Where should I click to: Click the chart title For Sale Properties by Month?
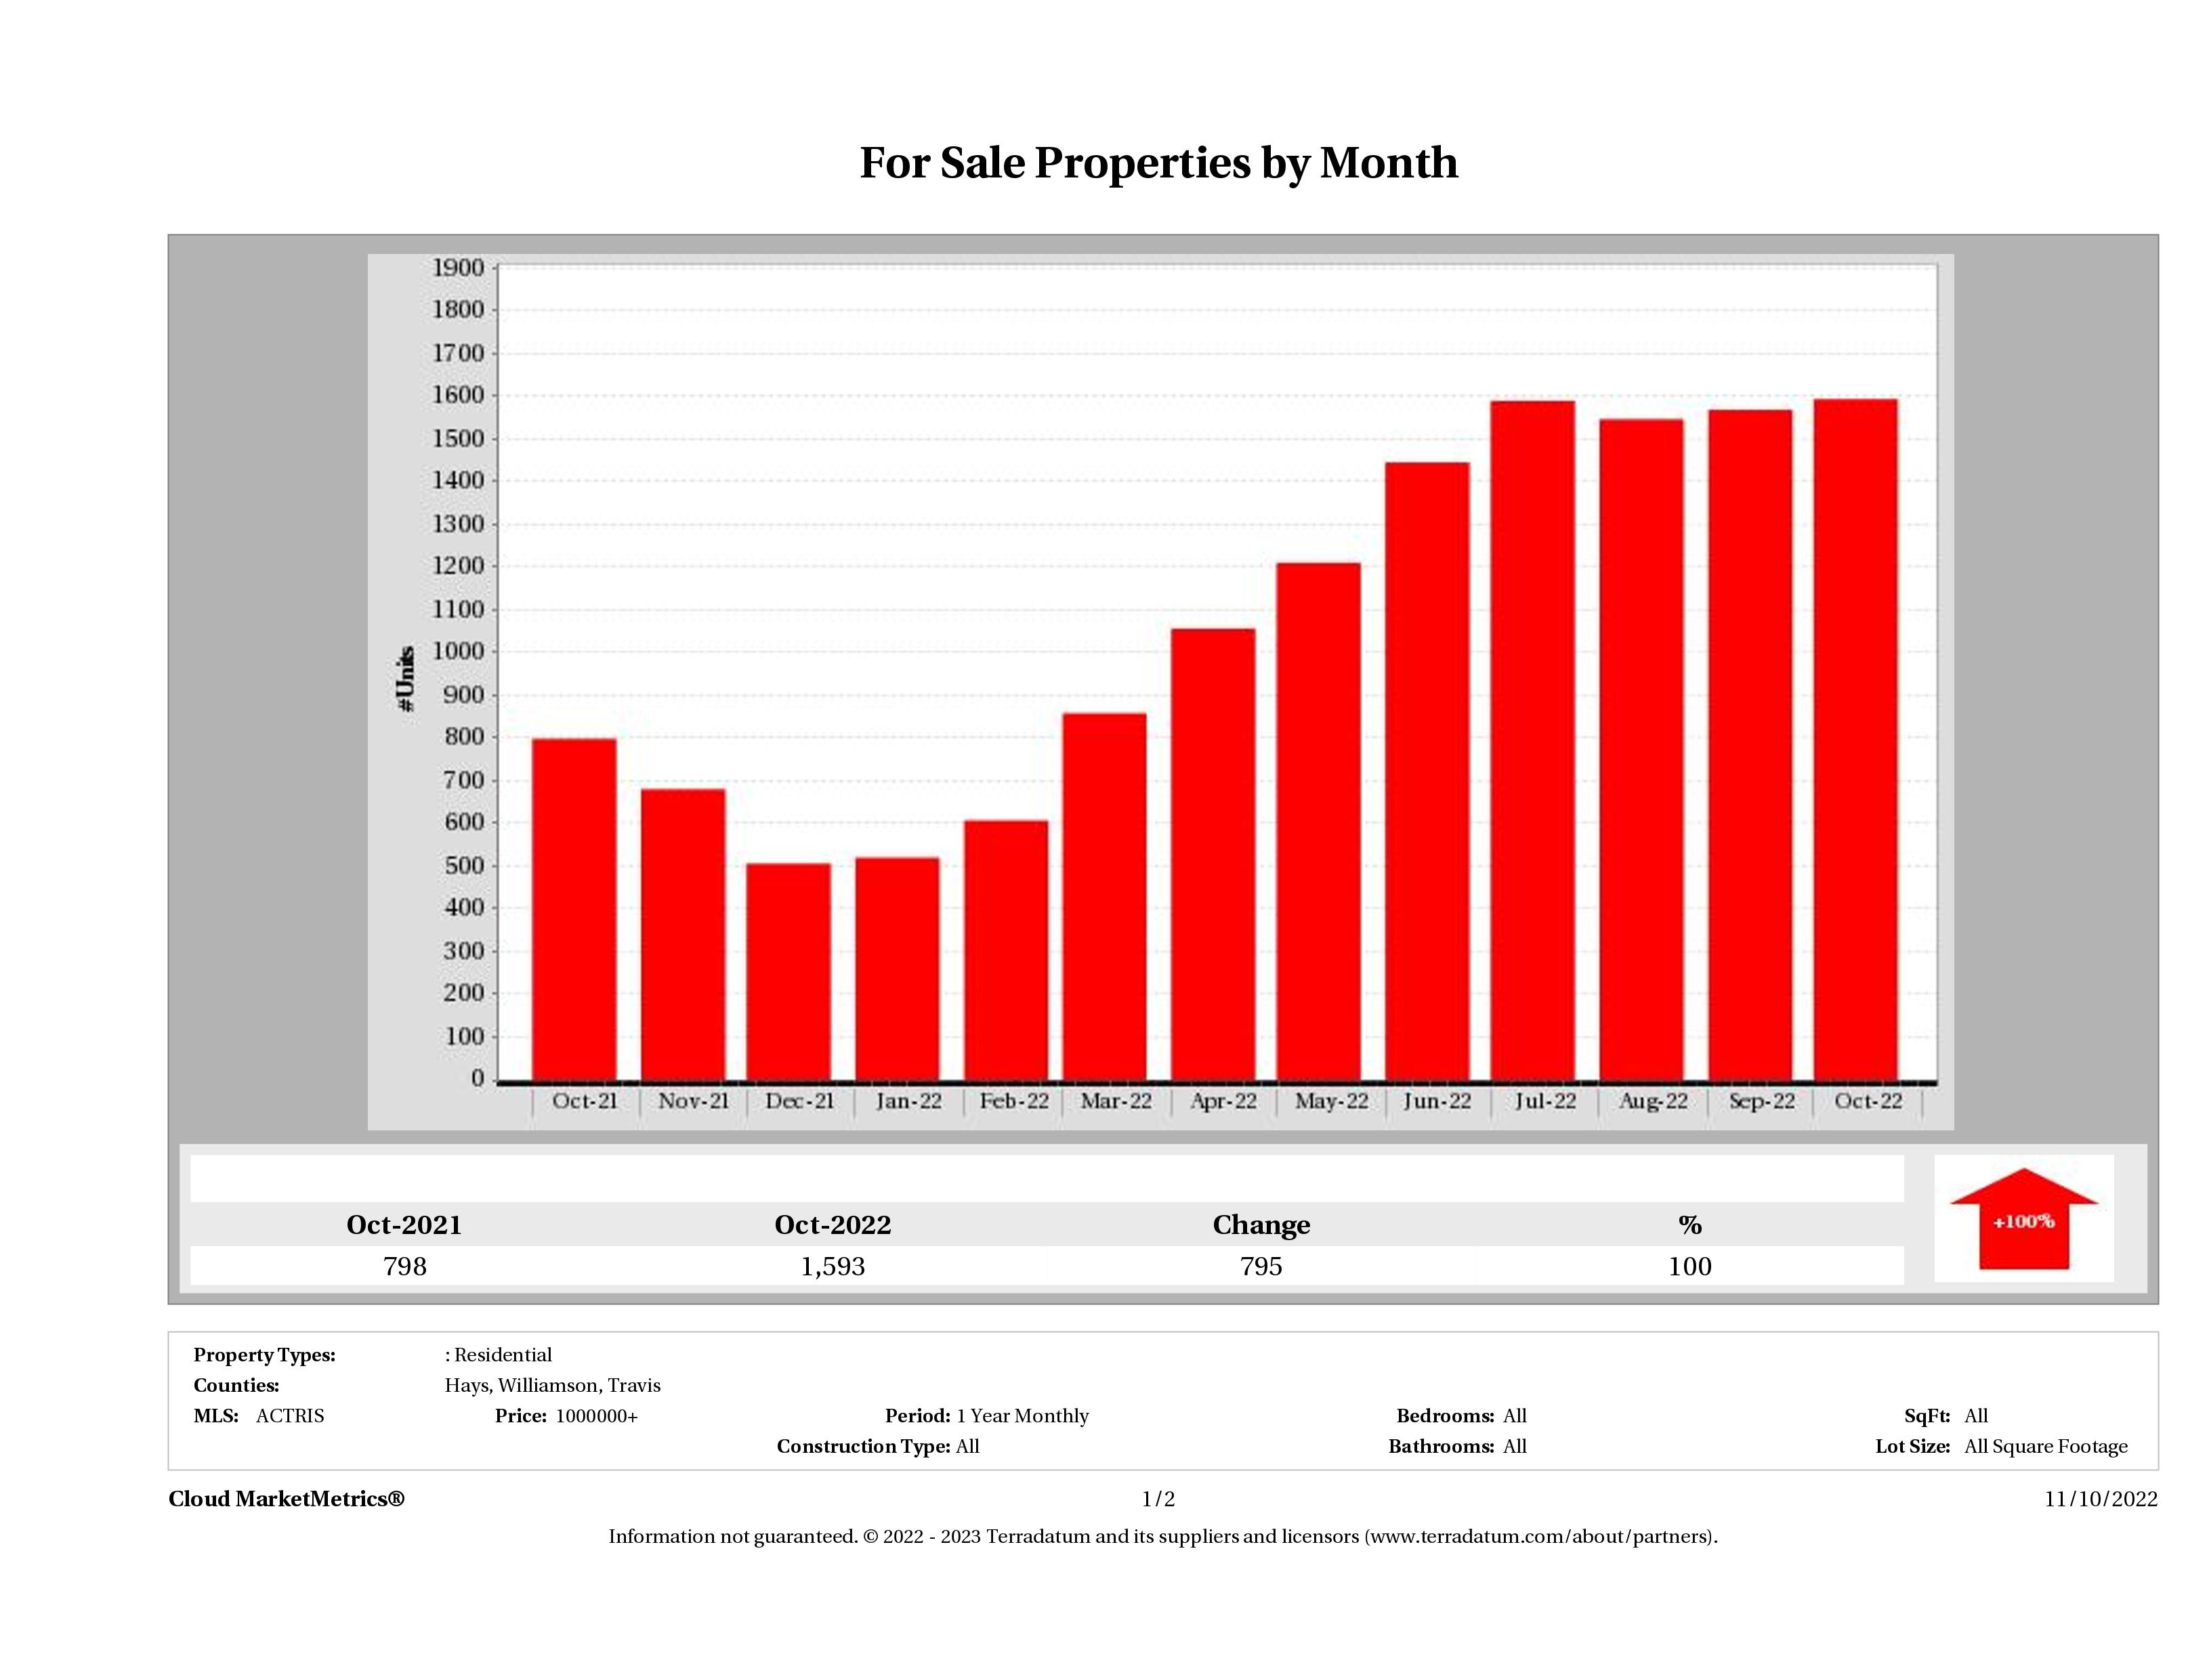coord(1158,163)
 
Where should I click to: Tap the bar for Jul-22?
coord(1533,740)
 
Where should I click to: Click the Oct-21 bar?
coord(574,909)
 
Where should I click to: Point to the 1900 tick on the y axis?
coord(459,268)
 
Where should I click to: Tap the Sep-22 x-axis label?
coord(1762,1101)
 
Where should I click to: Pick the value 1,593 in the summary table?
coord(833,1267)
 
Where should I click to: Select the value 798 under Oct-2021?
coord(405,1267)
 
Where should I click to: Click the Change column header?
coord(1261,1225)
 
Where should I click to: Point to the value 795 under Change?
coord(1261,1267)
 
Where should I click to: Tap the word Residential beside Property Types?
coord(503,1355)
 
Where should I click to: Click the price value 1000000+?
coord(597,1416)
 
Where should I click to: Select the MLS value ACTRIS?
coord(289,1416)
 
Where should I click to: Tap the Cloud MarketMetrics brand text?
coord(287,1499)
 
